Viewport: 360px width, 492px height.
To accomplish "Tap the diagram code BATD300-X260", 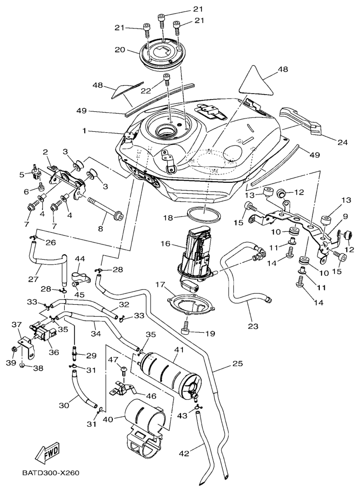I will coord(51,474).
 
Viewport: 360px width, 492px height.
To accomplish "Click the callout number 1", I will coord(84,131).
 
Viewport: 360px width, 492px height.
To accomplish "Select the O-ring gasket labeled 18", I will coord(203,214).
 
